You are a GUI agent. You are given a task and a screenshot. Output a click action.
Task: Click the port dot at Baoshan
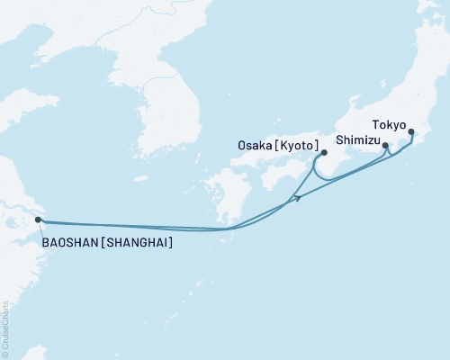(x=38, y=220)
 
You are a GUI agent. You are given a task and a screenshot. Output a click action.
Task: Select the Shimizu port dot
(x=385, y=145)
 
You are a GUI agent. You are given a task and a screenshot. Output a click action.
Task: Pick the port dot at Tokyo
(x=411, y=133)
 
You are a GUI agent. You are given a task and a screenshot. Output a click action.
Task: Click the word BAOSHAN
(x=68, y=242)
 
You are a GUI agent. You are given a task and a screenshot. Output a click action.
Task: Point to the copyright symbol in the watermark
(x=6, y=354)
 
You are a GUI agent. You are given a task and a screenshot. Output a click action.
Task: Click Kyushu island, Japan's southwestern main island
(x=220, y=193)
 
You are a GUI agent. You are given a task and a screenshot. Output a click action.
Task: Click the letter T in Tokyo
(x=374, y=126)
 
